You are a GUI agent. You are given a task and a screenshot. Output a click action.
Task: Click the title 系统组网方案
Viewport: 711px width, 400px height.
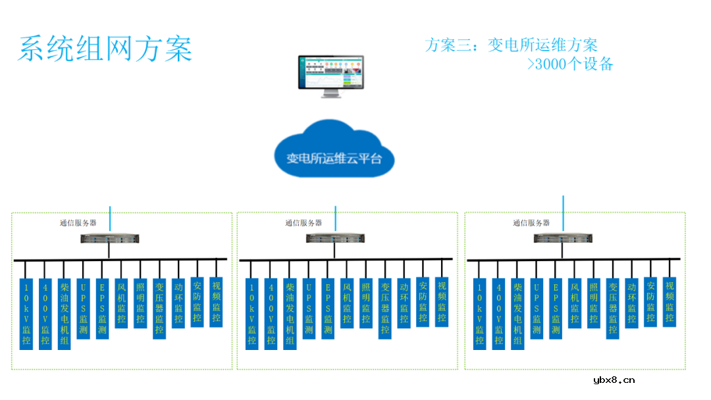[x=105, y=49]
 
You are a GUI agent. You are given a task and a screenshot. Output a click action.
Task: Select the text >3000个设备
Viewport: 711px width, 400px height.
[x=570, y=64]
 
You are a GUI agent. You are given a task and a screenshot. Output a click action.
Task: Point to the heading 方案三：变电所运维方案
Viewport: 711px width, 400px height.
[x=512, y=45]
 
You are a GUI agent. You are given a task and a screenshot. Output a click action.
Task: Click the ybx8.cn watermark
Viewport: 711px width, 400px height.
[x=614, y=380]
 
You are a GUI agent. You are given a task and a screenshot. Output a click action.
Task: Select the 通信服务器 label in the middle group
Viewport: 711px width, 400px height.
[x=303, y=222]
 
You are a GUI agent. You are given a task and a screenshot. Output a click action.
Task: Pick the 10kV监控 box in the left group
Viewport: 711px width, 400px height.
[x=26, y=314]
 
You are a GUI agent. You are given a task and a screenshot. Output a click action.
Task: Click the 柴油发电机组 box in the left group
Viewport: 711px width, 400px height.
[x=64, y=314]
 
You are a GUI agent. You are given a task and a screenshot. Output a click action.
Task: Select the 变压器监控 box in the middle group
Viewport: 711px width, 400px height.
[x=385, y=308]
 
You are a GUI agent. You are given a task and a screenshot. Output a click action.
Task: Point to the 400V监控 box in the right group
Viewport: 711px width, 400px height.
[x=499, y=314]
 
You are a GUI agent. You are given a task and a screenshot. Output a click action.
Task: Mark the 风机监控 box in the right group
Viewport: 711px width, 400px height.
[x=575, y=303]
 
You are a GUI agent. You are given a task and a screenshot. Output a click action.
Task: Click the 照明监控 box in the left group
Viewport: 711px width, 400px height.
[x=140, y=303]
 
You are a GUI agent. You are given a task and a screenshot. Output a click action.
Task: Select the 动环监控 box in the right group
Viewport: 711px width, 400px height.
[x=632, y=303]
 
